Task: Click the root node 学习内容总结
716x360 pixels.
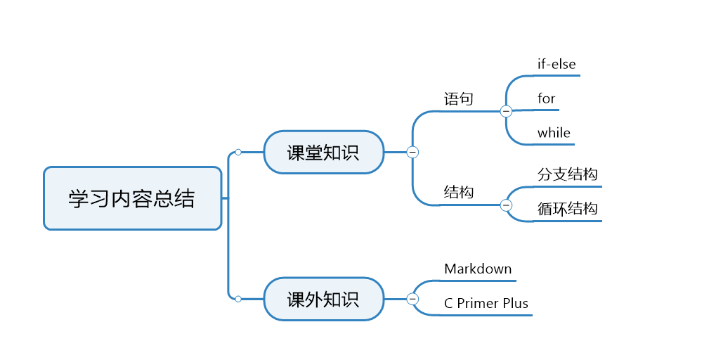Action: pyautogui.click(x=132, y=198)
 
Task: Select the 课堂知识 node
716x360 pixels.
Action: pyautogui.click(x=323, y=152)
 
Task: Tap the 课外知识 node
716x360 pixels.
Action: pyautogui.click(x=323, y=300)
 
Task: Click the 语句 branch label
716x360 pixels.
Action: pyautogui.click(x=459, y=98)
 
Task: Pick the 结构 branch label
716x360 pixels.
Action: pyautogui.click(x=459, y=192)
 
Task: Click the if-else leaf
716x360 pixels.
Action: pyautogui.click(x=556, y=64)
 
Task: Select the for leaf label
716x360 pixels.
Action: pyautogui.click(x=547, y=98)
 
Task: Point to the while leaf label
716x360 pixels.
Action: pyautogui.click(x=554, y=133)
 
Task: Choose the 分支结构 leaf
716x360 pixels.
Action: pyautogui.click(x=568, y=174)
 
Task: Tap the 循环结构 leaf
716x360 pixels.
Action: pyautogui.click(x=568, y=209)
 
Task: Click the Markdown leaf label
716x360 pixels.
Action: pyautogui.click(x=478, y=269)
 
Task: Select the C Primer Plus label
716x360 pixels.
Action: pyautogui.click(x=486, y=303)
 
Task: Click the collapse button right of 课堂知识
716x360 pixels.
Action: pyautogui.click(x=413, y=152)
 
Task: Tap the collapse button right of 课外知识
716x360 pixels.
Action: pyautogui.click(x=413, y=300)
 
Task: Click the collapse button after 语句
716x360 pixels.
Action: pyautogui.click(x=506, y=111)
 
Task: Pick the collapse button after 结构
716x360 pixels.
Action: pyautogui.click(x=506, y=205)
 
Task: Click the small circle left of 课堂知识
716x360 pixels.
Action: pyautogui.click(x=238, y=152)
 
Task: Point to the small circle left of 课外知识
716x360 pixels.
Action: pyautogui.click(x=238, y=300)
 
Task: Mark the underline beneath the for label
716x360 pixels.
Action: pyautogui.click(x=547, y=110)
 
